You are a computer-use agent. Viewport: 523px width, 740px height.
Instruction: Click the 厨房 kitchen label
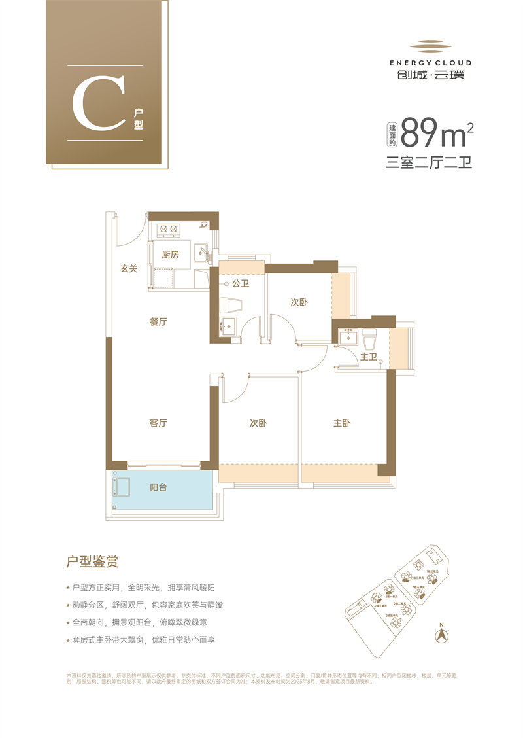[170, 255]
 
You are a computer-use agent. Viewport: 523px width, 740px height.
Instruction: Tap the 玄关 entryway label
[129, 268]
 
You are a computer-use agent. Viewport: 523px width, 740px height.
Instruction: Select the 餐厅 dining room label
[159, 322]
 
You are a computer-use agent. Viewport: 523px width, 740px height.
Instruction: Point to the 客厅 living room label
[158, 423]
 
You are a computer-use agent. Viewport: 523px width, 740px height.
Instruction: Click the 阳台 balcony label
[158, 487]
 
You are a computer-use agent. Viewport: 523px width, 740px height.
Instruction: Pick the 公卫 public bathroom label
[241, 284]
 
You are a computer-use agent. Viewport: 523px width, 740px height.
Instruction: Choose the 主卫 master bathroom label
[368, 357]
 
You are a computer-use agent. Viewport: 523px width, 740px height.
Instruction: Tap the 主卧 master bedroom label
[342, 423]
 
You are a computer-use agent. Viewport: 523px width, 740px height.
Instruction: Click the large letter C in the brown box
[98, 103]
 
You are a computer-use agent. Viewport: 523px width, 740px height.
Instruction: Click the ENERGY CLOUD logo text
[430, 63]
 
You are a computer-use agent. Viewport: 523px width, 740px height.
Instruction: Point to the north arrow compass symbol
[442, 633]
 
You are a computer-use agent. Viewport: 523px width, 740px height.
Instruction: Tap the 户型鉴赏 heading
[92, 561]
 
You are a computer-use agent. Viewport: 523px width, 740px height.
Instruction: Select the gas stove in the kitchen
[169, 229]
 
